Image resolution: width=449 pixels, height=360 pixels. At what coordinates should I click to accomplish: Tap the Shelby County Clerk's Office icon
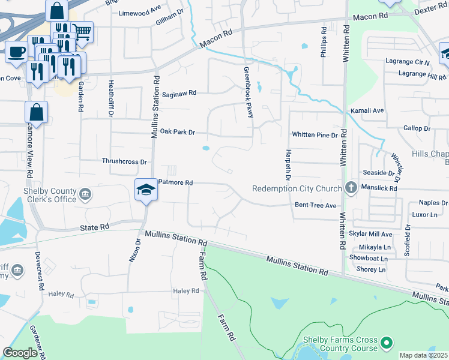click(85, 195)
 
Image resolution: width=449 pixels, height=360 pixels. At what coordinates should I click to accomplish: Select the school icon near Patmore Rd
click(145, 190)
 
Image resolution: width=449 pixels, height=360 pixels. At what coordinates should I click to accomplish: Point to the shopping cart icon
click(82, 31)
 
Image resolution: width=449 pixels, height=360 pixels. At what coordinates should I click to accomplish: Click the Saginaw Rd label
click(179, 93)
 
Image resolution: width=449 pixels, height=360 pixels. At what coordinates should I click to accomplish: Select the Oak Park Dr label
click(178, 131)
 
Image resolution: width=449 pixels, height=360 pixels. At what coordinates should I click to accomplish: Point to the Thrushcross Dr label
click(124, 161)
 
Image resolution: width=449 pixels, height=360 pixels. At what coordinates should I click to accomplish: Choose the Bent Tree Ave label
click(315, 205)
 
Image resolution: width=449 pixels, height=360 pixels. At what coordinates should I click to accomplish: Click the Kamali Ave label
click(367, 111)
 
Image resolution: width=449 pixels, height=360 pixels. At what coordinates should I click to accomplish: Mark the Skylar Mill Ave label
click(371, 234)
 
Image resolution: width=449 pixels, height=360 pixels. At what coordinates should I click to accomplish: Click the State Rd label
click(95, 227)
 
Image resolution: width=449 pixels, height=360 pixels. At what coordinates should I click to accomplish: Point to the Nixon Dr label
click(137, 249)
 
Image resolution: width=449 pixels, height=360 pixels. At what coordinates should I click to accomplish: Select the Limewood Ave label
click(140, 13)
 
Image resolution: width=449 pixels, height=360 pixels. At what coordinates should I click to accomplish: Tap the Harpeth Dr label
click(288, 165)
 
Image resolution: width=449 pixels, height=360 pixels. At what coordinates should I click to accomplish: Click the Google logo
click(20, 353)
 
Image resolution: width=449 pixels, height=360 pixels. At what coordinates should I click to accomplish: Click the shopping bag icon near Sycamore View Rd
click(37, 112)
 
